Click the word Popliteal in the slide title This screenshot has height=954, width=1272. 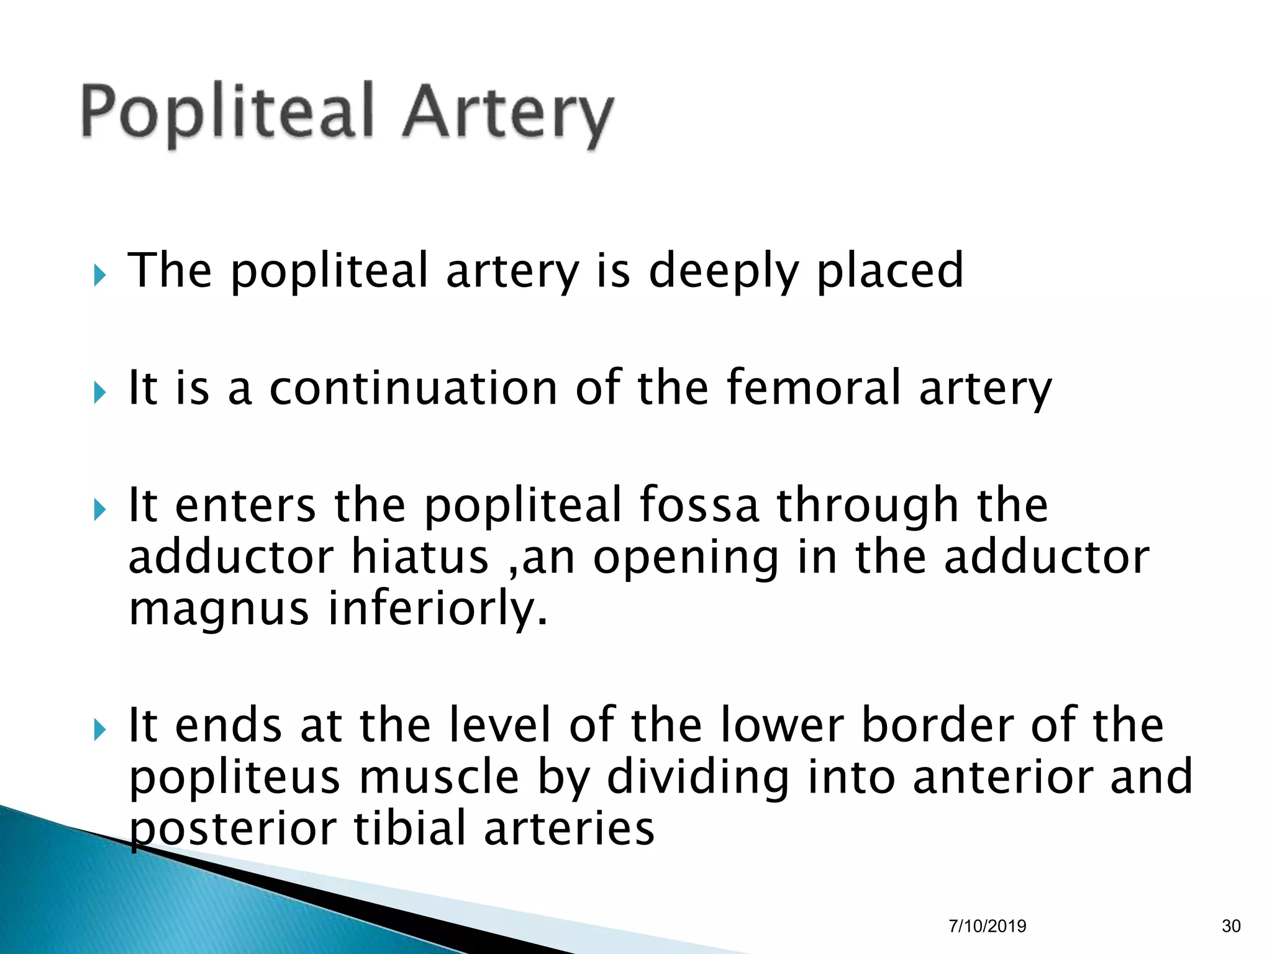227,112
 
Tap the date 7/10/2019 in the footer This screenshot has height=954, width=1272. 987,926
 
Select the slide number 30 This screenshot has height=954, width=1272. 1231,926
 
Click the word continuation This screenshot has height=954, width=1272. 413,388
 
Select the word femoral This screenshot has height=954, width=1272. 814,388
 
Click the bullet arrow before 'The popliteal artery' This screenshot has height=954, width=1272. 100,274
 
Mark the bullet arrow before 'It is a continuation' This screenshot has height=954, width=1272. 100,391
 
